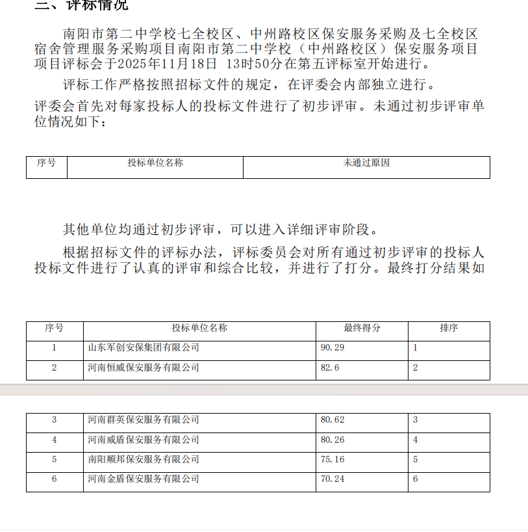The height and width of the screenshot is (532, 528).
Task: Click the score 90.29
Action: point(333,348)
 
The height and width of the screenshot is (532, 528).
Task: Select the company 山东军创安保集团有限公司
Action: point(144,348)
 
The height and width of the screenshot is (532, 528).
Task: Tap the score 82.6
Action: point(330,368)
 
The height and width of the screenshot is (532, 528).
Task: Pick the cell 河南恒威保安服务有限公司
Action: point(144,368)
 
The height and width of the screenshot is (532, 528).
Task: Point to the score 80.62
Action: point(333,420)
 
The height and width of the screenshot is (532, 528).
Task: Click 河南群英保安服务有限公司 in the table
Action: point(144,420)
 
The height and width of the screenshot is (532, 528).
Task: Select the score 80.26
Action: point(333,440)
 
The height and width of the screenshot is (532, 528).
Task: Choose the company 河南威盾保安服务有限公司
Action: point(144,440)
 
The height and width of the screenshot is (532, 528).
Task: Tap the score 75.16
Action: point(333,460)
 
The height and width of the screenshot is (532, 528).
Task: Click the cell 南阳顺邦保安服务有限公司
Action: point(144,460)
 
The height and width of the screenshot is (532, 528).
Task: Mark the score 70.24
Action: point(333,479)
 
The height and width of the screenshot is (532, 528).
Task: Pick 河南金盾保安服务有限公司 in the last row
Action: point(144,479)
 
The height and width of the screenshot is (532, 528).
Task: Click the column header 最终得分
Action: point(362,328)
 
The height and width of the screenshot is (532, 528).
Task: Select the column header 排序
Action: point(449,328)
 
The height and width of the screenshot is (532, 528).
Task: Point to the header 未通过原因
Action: point(366,163)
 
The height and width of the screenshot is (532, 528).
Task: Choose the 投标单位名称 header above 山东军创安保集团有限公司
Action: point(200,328)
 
